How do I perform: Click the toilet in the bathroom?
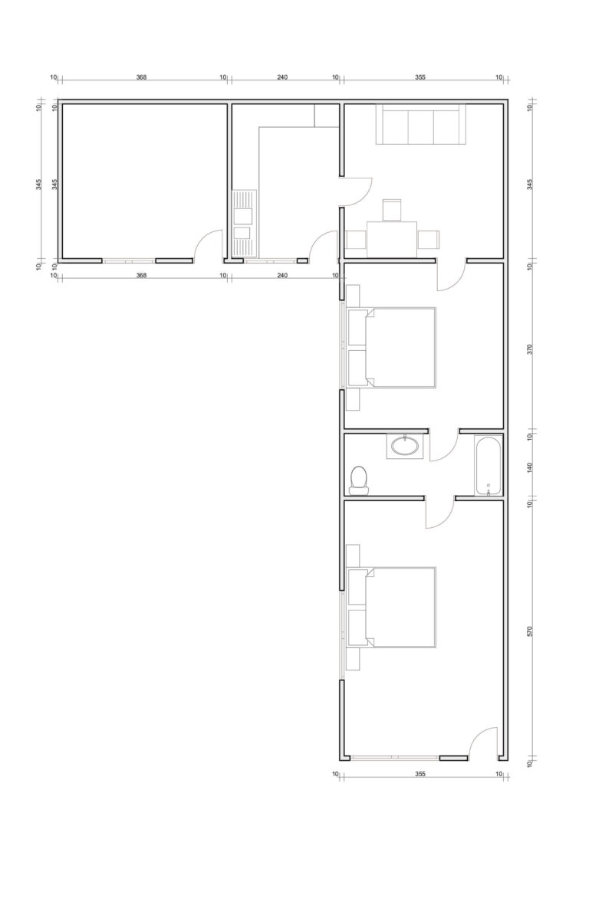coord(358,480)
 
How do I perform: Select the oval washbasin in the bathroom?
coord(405,446)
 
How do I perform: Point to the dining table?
coord(392,239)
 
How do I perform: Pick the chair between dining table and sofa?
coord(392,210)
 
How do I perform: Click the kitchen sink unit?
coord(244,223)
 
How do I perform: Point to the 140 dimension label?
coord(531,467)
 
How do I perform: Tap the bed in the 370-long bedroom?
coord(392,347)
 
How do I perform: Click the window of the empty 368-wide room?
coord(128,260)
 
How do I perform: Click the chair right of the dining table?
coord(428,240)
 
